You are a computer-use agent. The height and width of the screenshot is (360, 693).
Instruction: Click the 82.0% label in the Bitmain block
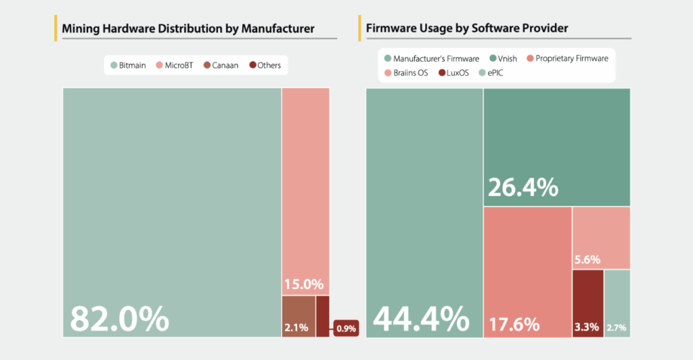pyautogui.click(x=119, y=317)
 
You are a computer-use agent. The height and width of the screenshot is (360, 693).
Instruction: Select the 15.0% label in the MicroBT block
pyautogui.click(x=303, y=284)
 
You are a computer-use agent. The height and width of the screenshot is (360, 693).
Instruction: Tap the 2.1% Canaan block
pyautogui.click(x=298, y=316)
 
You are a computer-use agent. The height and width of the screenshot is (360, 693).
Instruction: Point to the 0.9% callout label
pyautogui.click(x=346, y=329)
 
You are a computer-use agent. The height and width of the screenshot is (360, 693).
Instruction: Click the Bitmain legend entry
pyautogui.click(x=129, y=66)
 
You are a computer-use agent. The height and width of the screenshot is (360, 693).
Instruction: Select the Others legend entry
pyautogui.click(x=265, y=66)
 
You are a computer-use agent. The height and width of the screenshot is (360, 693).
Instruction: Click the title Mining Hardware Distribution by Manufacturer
pyautogui.click(x=188, y=29)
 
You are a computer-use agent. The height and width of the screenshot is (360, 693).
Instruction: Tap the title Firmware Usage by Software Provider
pyautogui.click(x=467, y=29)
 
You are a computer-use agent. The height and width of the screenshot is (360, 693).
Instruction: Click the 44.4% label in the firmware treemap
pyautogui.click(x=422, y=318)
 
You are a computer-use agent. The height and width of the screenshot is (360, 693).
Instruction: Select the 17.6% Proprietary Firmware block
pyautogui.click(x=527, y=271)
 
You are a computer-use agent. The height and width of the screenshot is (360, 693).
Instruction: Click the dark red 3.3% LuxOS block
pyautogui.click(x=587, y=302)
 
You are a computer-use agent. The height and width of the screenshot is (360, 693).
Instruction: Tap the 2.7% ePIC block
pyautogui.click(x=617, y=302)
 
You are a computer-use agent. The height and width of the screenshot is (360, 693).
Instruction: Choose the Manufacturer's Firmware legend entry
pyautogui.click(x=431, y=58)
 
